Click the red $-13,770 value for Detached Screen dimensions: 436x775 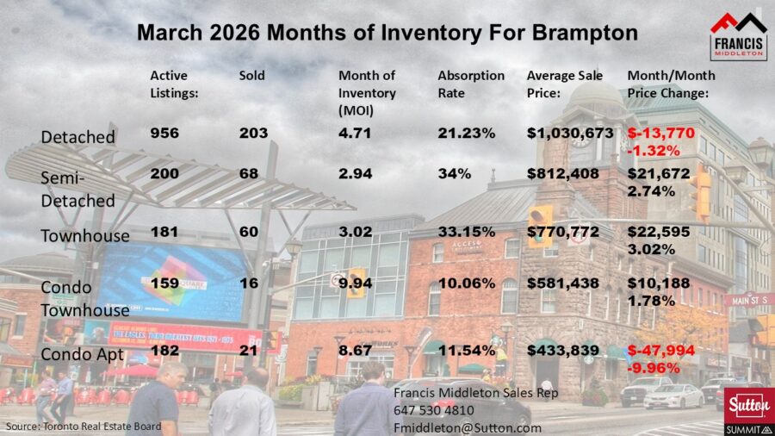pyautogui.click(x=661, y=134)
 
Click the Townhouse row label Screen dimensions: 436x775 pyautogui.click(x=85, y=236)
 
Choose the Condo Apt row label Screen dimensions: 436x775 pyautogui.click(x=82, y=354)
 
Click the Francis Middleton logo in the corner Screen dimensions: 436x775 pyautogui.click(x=738, y=35)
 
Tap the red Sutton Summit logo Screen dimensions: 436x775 pyautogui.click(x=746, y=409)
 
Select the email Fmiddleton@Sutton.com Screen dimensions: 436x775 pyautogui.click(x=468, y=427)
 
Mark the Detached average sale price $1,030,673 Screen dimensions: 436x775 pyautogui.click(x=570, y=134)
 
